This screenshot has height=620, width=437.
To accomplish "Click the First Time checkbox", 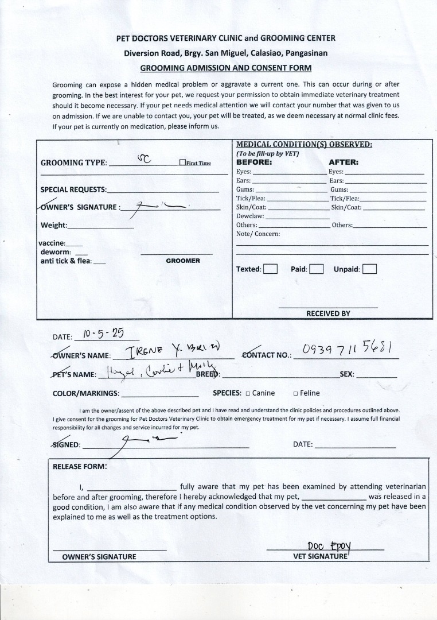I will (182, 163).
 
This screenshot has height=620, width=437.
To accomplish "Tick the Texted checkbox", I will (270, 269).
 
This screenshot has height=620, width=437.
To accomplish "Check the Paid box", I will (316, 269).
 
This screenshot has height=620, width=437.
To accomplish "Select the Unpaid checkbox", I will (369, 269).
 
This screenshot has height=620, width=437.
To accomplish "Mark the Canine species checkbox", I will (248, 394).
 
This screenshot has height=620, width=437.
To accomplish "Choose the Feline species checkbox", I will (295, 394).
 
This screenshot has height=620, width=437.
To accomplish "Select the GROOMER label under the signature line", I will (183, 261).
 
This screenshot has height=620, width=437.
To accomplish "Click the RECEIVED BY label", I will (328, 313).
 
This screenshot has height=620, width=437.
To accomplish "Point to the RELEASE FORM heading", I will (80, 466).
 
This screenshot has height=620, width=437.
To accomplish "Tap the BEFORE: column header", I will (253, 162).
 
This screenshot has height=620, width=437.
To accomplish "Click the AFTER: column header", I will (344, 162).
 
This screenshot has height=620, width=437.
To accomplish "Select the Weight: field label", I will (54, 225).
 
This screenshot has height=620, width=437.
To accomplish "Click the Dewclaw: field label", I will (250, 216).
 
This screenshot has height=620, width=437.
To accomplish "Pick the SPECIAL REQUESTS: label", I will (73, 189).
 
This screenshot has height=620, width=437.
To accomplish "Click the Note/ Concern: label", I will (258, 234).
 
